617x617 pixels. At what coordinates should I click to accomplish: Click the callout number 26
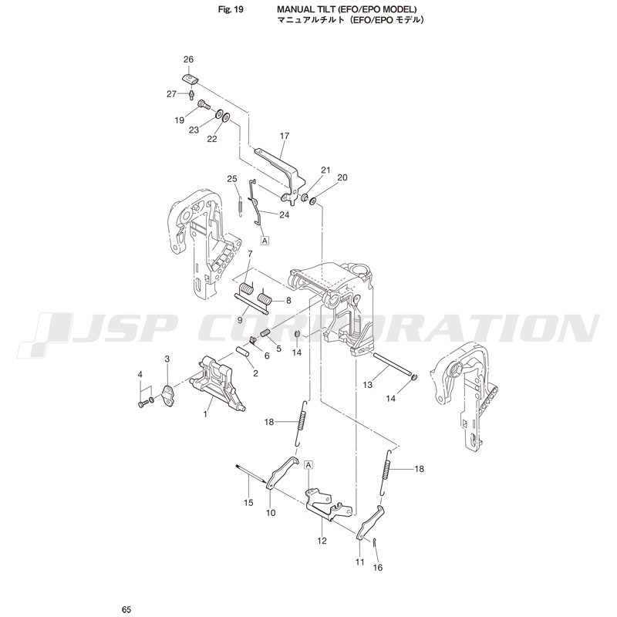coord(188,59)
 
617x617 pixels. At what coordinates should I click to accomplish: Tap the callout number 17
coord(285,137)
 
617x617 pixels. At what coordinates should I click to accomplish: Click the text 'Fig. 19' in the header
coord(231,10)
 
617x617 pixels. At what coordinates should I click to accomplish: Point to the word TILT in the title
coord(321,9)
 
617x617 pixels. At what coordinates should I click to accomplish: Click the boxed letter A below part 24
coord(265,241)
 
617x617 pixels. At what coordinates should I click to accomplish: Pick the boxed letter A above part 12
coord(309,465)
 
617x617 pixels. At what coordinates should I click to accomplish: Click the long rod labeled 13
coord(392,365)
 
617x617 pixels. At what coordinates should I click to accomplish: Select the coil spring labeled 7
coord(246,289)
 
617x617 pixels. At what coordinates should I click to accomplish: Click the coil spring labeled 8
coord(264,298)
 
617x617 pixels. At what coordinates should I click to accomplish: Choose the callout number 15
coord(248,503)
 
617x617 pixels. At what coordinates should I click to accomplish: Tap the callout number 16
coord(377,568)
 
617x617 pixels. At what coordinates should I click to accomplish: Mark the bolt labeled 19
coord(204,104)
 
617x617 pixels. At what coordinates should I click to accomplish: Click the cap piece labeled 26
coord(190,79)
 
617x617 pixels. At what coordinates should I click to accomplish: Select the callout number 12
coord(322,541)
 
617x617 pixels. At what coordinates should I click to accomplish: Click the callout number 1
coord(205,414)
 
